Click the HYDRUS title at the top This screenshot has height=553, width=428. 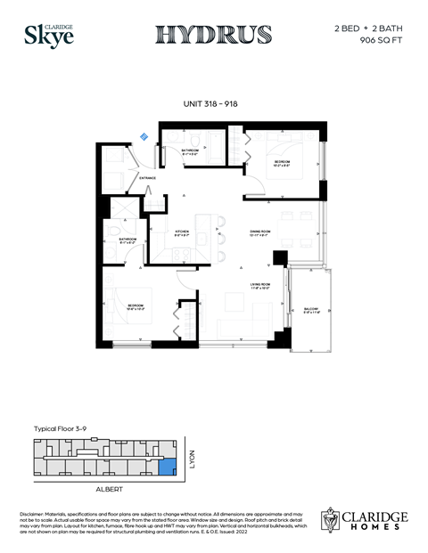[214, 35]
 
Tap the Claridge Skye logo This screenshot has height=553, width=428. [43, 35]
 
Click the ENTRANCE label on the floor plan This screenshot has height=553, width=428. [148, 178]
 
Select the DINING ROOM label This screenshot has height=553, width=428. [260, 232]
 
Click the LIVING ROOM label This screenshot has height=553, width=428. [259, 285]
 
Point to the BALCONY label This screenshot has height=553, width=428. [310, 309]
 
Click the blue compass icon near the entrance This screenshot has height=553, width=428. [144, 136]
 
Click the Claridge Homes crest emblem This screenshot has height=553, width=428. [333, 520]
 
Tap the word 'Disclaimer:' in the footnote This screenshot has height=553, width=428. [35, 516]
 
